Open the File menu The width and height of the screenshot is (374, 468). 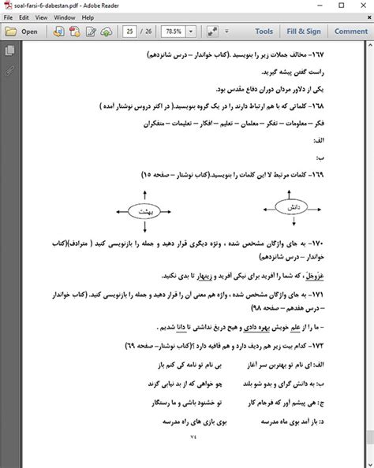(8, 17)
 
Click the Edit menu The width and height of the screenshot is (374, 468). (25, 17)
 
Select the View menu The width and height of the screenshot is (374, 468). (44, 17)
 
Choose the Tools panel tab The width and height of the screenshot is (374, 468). (264, 32)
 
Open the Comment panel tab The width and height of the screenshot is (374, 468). (350, 32)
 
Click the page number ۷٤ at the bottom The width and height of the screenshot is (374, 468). (186, 436)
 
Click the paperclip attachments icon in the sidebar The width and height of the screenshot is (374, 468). (9, 69)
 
